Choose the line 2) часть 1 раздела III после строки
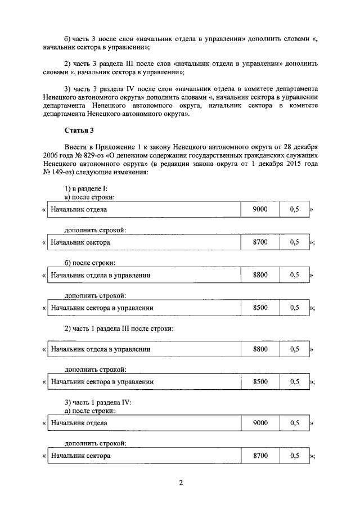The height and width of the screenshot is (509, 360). point(119,328)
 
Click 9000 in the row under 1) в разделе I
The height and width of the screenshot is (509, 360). point(260,209)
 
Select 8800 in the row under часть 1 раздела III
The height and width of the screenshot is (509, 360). point(260,349)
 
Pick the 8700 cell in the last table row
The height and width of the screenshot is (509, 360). point(260,455)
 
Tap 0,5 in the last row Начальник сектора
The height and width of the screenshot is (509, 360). point(294,455)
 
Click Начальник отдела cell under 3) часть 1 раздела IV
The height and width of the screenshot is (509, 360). point(79,422)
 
